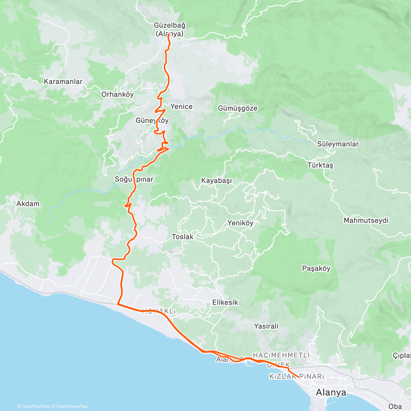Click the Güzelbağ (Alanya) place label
point(169,29)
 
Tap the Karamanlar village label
point(63,82)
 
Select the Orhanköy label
point(117,94)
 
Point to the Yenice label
point(182,107)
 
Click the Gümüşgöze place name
point(237,108)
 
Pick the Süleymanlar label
point(338,144)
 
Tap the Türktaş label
point(320,165)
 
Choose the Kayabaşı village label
point(216,180)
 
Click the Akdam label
point(28,203)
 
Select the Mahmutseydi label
point(366,220)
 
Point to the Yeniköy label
point(240,223)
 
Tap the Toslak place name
point(183,237)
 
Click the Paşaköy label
point(316,268)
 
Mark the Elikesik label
point(225,302)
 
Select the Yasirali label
point(266,326)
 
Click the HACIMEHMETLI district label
point(281,355)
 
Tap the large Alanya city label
point(331,392)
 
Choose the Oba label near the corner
point(395,406)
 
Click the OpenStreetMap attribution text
point(72,407)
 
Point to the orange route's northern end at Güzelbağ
point(169,35)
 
